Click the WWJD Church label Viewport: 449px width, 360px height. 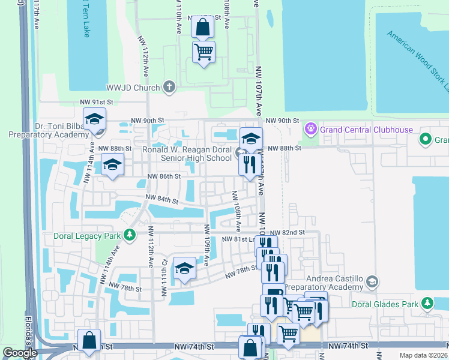click(133, 88)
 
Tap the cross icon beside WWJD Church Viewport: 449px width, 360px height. click(169, 88)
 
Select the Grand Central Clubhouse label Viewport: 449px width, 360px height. click(366, 130)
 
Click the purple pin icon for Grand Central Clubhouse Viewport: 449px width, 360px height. click(310, 128)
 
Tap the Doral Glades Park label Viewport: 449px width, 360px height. click(385, 304)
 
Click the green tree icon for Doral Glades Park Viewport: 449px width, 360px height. click(427, 304)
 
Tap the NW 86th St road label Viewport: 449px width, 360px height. click(164, 176)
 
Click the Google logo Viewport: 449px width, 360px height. click(20, 353)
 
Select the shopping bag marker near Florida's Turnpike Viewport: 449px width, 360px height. click(89, 340)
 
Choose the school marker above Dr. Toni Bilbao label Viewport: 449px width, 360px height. click(94, 119)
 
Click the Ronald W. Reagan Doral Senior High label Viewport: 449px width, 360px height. click(187, 154)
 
